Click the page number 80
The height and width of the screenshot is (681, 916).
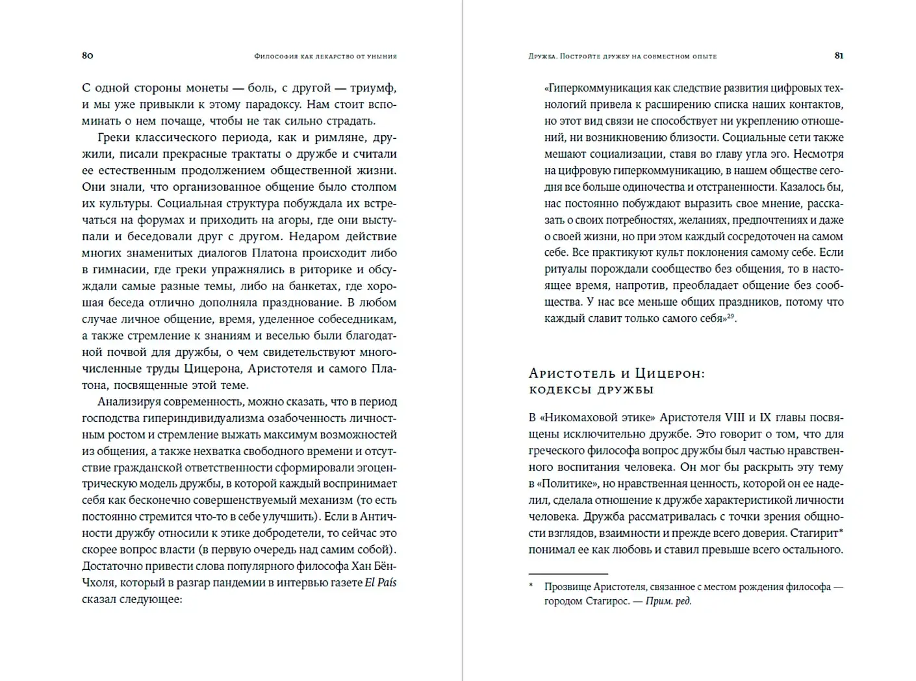[x=88, y=55]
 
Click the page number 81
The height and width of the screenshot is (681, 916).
[x=839, y=55]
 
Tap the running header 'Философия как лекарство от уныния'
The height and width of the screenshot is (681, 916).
[x=325, y=56]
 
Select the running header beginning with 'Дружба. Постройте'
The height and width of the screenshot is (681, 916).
[x=622, y=56]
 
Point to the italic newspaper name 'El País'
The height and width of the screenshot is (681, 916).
[x=380, y=582]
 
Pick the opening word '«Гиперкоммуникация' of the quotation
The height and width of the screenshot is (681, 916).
[x=597, y=88]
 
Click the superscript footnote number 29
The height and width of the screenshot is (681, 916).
[x=730, y=316]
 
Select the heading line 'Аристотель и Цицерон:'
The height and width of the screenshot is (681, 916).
[x=617, y=373]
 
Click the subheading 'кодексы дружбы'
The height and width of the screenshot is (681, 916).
[x=591, y=390]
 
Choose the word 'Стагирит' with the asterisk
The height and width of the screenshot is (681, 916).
[x=815, y=533]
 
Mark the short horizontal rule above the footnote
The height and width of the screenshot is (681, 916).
[x=568, y=574]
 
